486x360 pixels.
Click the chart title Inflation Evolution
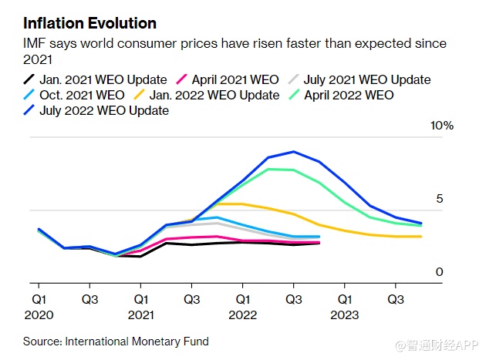89,23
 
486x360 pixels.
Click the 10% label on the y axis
442,126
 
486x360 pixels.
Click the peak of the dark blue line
293,152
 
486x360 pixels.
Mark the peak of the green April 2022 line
268,169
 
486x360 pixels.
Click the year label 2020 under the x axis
39,315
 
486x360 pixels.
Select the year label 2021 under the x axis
140,315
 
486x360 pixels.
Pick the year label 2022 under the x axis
242,315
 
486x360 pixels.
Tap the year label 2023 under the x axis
344,315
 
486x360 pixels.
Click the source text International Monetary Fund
137,341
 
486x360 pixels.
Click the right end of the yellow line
420,237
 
